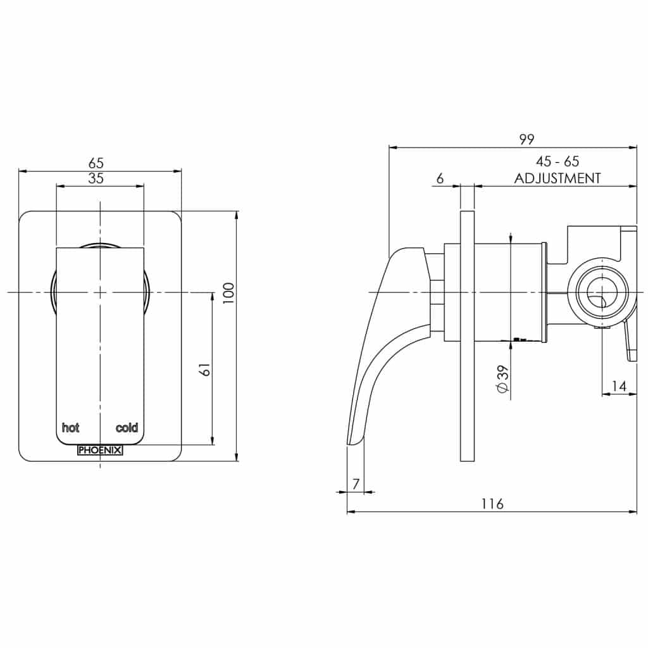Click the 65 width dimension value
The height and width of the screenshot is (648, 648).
pos(96,163)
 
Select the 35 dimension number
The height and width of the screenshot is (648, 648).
pos(96,178)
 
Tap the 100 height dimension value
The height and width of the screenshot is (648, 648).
pos(228,293)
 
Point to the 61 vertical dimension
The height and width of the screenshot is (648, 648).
pos(204,370)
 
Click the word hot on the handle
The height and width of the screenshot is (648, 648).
pos(70,428)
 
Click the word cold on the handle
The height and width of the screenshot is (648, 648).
pos(127,428)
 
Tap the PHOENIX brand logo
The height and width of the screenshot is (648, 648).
pos(100,451)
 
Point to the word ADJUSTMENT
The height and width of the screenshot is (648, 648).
pos(557,178)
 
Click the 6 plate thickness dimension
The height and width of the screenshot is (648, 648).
pos(439,178)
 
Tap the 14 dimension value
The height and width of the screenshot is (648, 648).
pos(619,385)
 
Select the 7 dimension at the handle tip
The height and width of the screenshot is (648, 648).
pos(356,483)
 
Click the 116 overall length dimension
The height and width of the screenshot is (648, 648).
pos(492,504)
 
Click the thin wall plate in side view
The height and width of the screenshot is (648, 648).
pos(467,335)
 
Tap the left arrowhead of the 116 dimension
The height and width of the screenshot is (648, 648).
pos(350,512)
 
